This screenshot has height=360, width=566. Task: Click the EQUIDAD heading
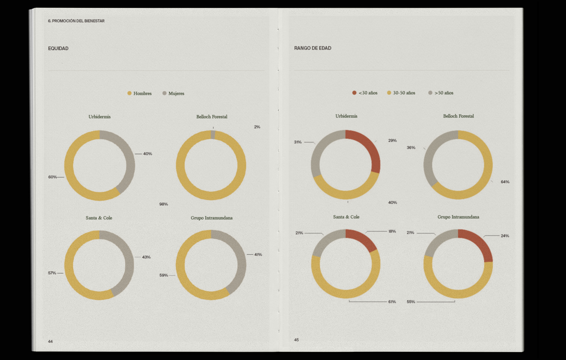(x=58, y=48)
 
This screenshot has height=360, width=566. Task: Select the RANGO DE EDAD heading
(x=312, y=48)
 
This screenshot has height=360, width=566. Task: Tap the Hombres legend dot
(x=129, y=93)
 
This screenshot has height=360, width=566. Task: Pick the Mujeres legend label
(x=176, y=93)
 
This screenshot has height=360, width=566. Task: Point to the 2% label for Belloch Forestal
(x=257, y=127)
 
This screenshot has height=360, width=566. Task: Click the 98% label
(x=164, y=204)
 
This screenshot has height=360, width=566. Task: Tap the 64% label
(x=505, y=182)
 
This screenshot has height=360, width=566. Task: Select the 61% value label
(x=392, y=302)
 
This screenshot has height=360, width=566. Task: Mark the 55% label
(x=411, y=302)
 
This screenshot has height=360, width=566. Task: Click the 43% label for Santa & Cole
(x=146, y=257)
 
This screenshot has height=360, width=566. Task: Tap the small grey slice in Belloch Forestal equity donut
(x=213, y=135)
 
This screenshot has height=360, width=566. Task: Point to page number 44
(x=50, y=342)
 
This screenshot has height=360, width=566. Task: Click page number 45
(x=296, y=340)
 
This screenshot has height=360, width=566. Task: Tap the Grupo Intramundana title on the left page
(x=212, y=218)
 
